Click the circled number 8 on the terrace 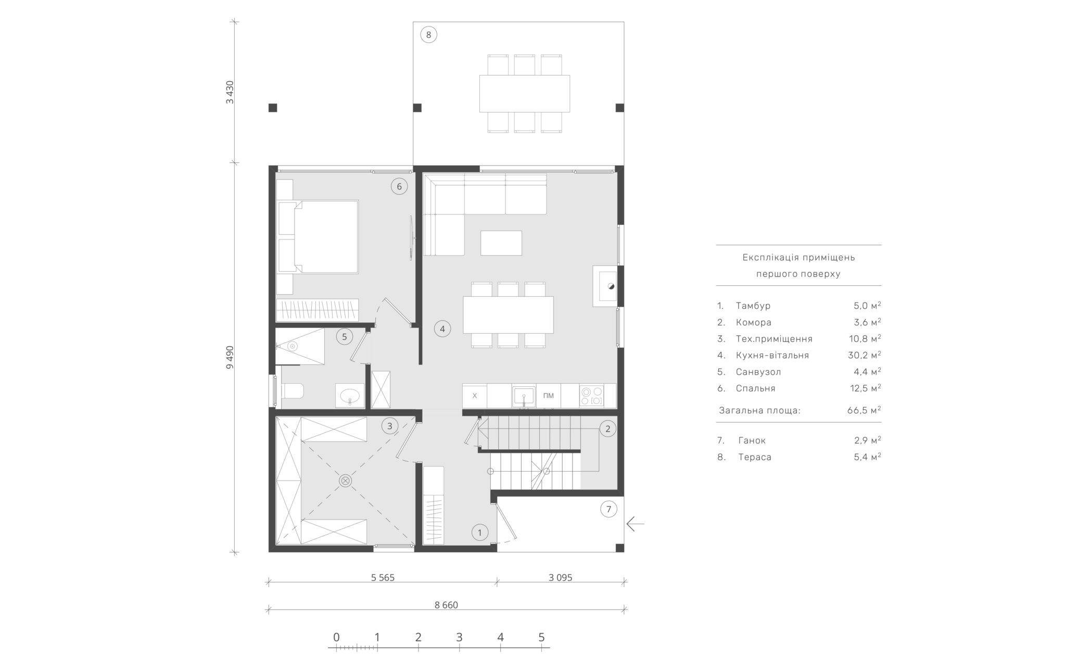(x=428, y=35)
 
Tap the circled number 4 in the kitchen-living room (x=442, y=329)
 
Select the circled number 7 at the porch (x=608, y=509)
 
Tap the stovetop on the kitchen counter (x=591, y=396)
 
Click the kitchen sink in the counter (x=524, y=396)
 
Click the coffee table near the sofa (x=501, y=243)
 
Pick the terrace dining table (x=525, y=94)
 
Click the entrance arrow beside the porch (x=636, y=523)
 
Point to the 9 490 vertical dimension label (x=230, y=357)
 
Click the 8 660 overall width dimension (x=446, y=604)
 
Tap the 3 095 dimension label (x=560, y=577)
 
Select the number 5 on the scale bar (x=541, y=637)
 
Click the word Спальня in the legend (x=756, y=388)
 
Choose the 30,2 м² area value (x=864, y=355)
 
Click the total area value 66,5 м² (x=864, y=410)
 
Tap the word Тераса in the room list (x=755, y=457)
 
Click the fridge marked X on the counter (x=475, y=396)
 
